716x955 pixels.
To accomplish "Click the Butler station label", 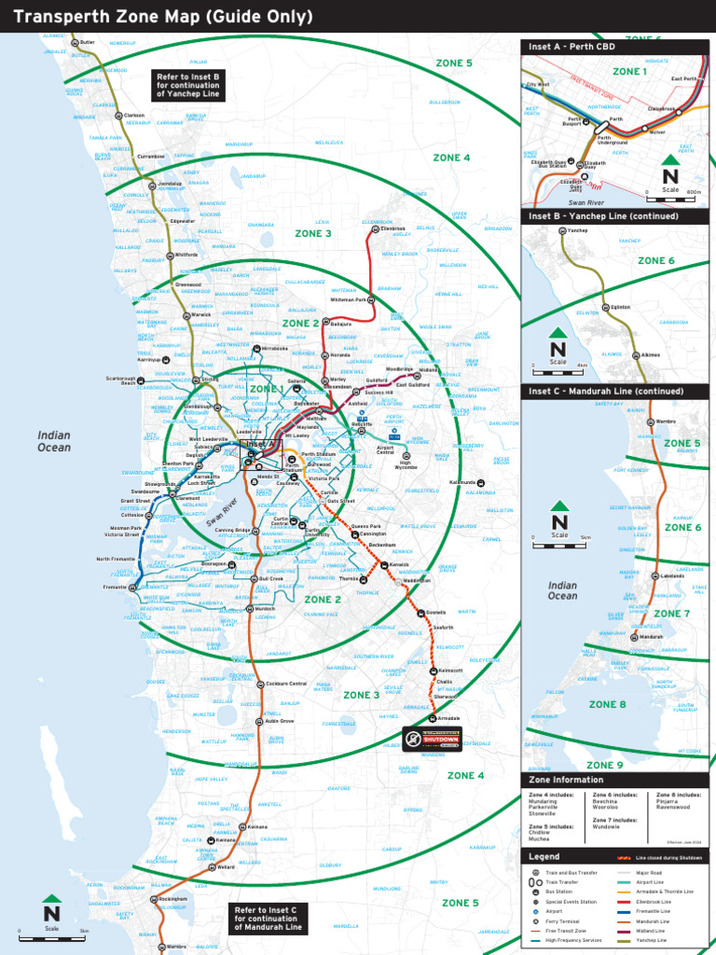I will tap(88, 41).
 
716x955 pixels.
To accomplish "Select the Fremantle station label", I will tap(114, 587).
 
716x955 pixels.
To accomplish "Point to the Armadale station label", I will tap(449, 718).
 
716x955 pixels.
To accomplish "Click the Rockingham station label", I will tap(173, 899).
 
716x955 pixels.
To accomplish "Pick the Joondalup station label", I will tap(169, 184).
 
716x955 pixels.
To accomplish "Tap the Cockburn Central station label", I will tap(286, 684).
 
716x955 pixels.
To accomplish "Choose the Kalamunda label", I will tap(462, 482).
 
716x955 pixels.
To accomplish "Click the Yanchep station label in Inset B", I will tap(578, 229).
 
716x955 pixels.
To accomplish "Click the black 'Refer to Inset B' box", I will tap(188, 86).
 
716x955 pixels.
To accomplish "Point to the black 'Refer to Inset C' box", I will tap(267, 919).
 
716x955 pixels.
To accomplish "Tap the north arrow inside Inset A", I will tap(670, 174).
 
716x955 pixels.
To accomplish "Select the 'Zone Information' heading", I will tap(566, 780).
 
